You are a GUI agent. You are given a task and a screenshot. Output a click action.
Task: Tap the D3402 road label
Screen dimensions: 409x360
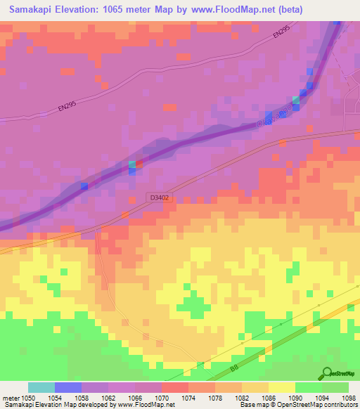(159, 200)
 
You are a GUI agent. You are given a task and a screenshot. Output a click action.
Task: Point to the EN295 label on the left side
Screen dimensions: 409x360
(66, 107)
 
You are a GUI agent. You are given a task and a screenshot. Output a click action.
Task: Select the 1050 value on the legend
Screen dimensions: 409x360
(22, 398)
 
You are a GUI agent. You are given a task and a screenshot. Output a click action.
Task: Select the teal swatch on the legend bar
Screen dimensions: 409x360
(41, 387)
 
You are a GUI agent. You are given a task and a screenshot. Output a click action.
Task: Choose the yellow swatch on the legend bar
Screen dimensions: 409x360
(281, 387)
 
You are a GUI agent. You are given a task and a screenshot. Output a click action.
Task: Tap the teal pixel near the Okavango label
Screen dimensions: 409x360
(296, 100)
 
